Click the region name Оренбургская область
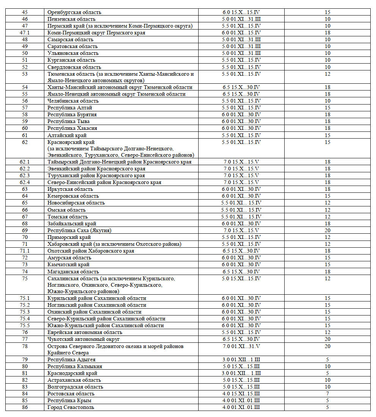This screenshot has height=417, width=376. point(74,12)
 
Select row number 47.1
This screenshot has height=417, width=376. point(25,33)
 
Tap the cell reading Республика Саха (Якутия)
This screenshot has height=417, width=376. point(79,230)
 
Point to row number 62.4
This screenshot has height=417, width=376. point(25,183)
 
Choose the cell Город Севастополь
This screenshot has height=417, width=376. point(71,408)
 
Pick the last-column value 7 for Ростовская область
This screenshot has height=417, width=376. point(327,394)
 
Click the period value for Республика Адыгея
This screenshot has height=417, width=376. point(241,360)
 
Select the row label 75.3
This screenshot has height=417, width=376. point(25,312)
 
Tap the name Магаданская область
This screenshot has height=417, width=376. point(73,272)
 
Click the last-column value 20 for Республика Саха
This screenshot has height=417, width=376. point(327,230)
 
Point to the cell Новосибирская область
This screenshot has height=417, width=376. point(76,203)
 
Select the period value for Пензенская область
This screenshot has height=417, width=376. point(241,19)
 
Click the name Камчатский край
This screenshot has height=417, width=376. point(69,265)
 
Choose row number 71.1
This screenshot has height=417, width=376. point(25,251)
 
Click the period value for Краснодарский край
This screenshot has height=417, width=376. point(241,373)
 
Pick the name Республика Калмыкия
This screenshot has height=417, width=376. point(75,367)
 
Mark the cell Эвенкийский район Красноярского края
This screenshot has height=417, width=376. point(96,169)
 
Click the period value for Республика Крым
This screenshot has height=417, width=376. point(241,401)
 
